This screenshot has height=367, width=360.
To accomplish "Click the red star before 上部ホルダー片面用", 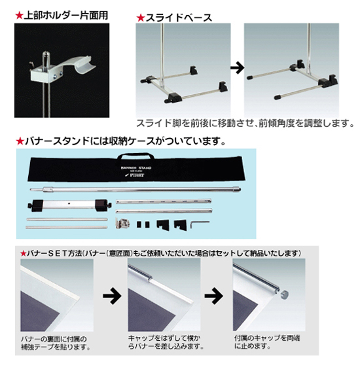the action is tap(19, 16).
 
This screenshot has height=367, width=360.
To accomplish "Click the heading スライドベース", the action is tap(179, 18).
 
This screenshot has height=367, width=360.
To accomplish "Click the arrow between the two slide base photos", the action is tap(237, 68).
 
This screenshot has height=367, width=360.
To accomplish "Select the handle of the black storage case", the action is tap(135, 156).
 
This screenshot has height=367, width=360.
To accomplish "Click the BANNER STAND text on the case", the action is tap(136, 168).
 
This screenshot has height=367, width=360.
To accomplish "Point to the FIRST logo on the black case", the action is tap(135, 175).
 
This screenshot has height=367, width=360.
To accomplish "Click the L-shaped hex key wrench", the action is tap(199, 224).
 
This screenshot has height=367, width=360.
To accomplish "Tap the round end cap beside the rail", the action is tap(284, 294).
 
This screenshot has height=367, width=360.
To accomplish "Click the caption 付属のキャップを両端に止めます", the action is tap(267, 342).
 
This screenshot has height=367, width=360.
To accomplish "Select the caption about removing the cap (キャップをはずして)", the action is tap(166, 342).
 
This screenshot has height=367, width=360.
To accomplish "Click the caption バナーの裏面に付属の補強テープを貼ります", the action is tap(56, 343).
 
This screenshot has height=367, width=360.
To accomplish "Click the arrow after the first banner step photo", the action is tap(112, 296).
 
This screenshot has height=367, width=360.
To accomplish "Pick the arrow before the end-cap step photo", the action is tap(213, 296).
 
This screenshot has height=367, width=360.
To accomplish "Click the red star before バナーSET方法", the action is tap(23, 253).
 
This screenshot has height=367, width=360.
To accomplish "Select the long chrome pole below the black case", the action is tap(135, 189).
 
